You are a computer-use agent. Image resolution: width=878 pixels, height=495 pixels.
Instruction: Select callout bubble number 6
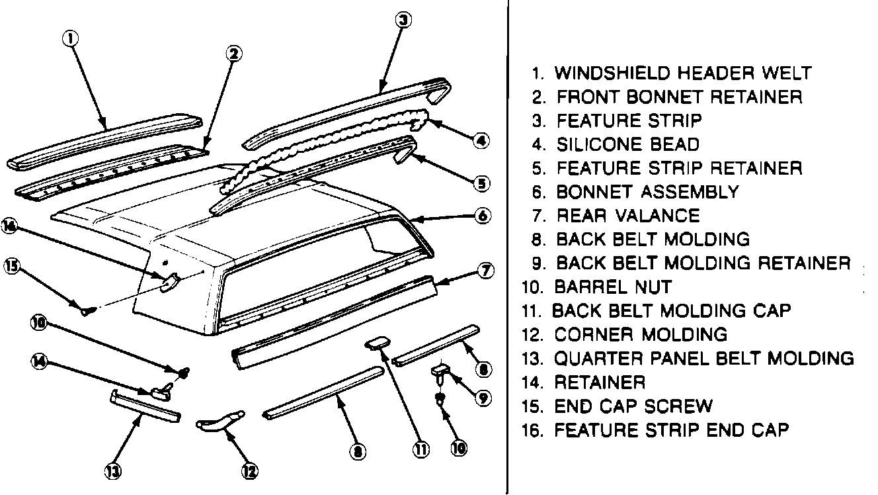click(x=483, y=216)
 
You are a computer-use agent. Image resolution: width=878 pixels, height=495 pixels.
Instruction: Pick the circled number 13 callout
click(x=112, y=471)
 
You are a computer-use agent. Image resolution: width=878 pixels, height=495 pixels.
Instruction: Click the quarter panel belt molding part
click(x=144, y=405)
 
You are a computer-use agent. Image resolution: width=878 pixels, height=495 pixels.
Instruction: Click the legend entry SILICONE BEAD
click(x=627, y=144)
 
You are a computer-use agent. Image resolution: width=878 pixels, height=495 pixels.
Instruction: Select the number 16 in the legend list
click(x=532, y=430)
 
